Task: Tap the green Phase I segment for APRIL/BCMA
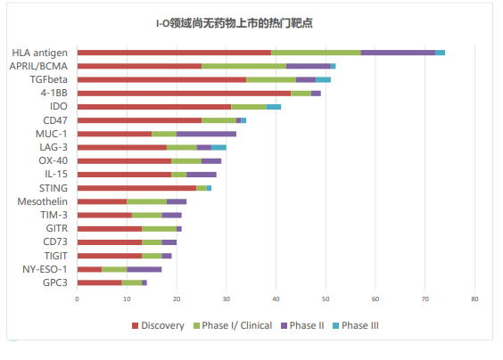point(243,66)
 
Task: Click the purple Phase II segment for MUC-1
point(206,134)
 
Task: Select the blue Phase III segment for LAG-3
point(219,147)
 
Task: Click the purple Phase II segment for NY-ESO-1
point(144,269)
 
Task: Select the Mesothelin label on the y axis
point(43,201)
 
